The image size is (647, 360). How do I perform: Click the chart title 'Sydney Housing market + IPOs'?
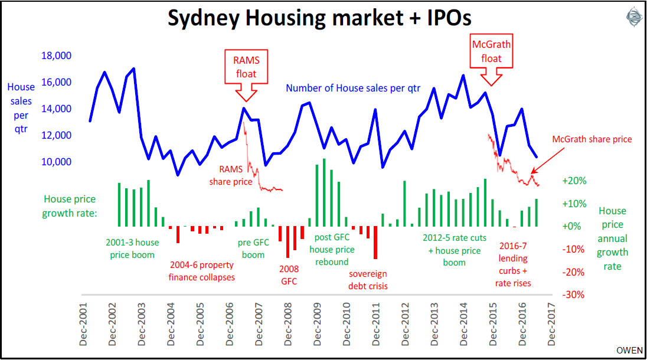pos(319,18)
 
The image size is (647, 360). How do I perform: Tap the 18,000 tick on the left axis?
pos(56,56)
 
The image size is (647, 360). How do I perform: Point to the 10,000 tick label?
pos(56,162)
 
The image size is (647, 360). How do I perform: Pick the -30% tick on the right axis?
pos(574,294)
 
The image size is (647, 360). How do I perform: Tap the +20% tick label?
pos(574,181)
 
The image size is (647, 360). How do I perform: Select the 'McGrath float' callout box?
pos(491,51)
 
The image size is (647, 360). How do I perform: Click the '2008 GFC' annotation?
pos(289,275)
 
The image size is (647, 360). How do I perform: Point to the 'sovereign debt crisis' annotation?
pos(368,280)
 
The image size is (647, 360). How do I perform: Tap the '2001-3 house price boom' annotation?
pos(132,248)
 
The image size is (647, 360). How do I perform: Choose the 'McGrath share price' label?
pos(592,140)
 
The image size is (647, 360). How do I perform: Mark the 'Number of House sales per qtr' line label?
pos(353,89)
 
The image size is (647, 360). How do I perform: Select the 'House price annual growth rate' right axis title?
pos(613,238)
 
